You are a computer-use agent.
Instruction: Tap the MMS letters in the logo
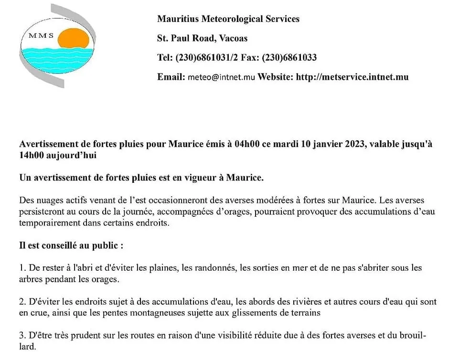tap(41, 36)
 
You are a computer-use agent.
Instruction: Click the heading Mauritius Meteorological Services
tap(228, 19)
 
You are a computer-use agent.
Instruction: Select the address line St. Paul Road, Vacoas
tap(202, 38)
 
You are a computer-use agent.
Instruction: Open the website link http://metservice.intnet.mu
tap(352, 77)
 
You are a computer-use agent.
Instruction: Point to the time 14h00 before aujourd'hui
tap(32, 156)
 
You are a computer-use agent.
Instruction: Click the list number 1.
tap(22, 268)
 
